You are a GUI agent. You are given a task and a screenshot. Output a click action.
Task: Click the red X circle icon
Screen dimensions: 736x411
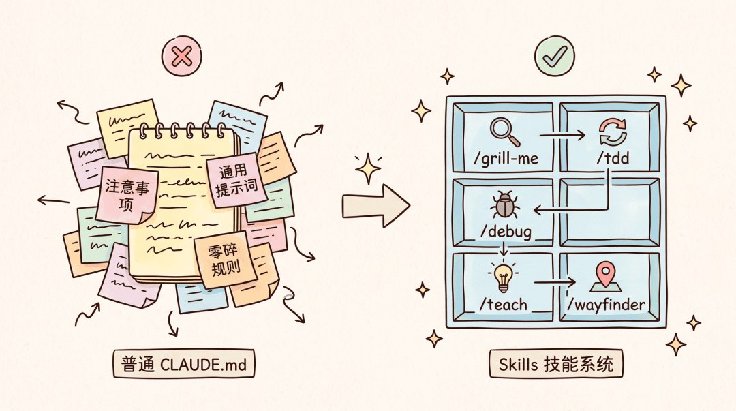(182, 57)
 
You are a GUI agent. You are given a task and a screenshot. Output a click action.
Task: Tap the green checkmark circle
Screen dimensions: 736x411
(554, 55)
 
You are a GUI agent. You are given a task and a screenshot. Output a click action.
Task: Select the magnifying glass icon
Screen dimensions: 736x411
(504, 132)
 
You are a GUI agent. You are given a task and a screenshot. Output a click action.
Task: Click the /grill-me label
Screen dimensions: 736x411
(506, 158)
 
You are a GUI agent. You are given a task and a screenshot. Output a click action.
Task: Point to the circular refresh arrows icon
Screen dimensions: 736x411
(613, 132)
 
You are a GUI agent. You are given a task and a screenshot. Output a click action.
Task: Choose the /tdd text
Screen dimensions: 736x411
(613, 158)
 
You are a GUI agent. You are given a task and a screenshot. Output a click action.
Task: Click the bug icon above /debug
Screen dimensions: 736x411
(504, 204)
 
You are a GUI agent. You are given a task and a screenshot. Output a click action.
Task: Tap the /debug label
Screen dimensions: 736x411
(506, 232)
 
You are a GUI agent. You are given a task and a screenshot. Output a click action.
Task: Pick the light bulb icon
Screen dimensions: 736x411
(503, 277)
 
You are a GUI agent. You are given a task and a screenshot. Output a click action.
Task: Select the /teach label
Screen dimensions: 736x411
(503, 305)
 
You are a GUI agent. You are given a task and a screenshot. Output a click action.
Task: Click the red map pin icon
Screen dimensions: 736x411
(606, 277)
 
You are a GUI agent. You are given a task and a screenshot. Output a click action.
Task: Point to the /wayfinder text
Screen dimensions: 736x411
(606, 305)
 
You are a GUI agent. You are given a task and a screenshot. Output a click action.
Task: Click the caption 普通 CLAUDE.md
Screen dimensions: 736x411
(183, 363)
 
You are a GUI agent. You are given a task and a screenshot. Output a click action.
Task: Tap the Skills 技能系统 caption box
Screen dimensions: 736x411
(556, 363)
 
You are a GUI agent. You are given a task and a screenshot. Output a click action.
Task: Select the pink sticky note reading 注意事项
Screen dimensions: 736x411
(127, 194)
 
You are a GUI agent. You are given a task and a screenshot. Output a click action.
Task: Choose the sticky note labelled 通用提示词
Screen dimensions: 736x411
(236, 181)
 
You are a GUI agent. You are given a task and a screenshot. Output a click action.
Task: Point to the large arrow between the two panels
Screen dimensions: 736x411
(376, 206)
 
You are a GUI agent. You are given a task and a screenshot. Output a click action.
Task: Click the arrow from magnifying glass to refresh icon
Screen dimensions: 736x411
(562, 135)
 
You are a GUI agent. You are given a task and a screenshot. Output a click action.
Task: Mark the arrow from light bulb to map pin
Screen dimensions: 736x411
(555, 282)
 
